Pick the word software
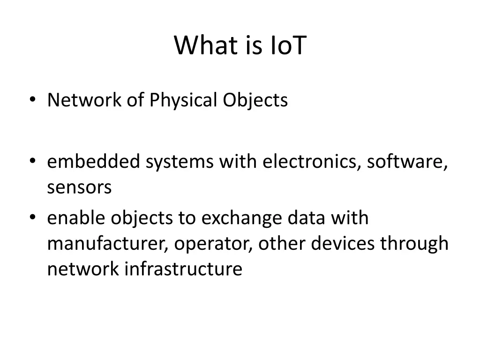coord(406,162)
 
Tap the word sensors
coord(79,187)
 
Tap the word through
coord(414,244)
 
